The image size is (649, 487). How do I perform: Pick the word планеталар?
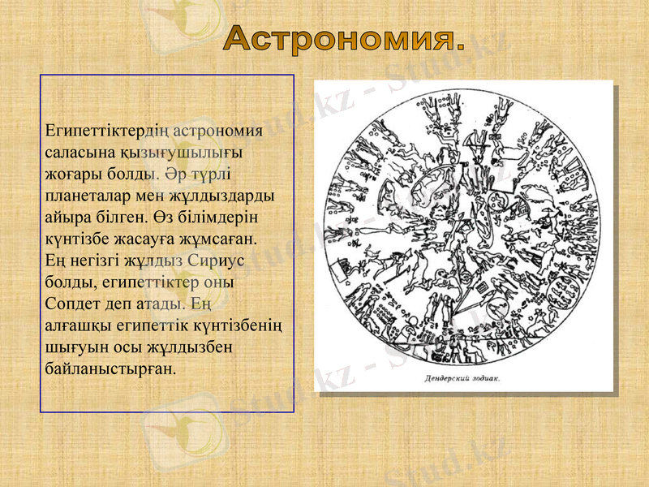pos(90,196)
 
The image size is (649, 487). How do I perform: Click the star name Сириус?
pos(214,261)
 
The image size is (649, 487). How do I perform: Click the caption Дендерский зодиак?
pos(462,378)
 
